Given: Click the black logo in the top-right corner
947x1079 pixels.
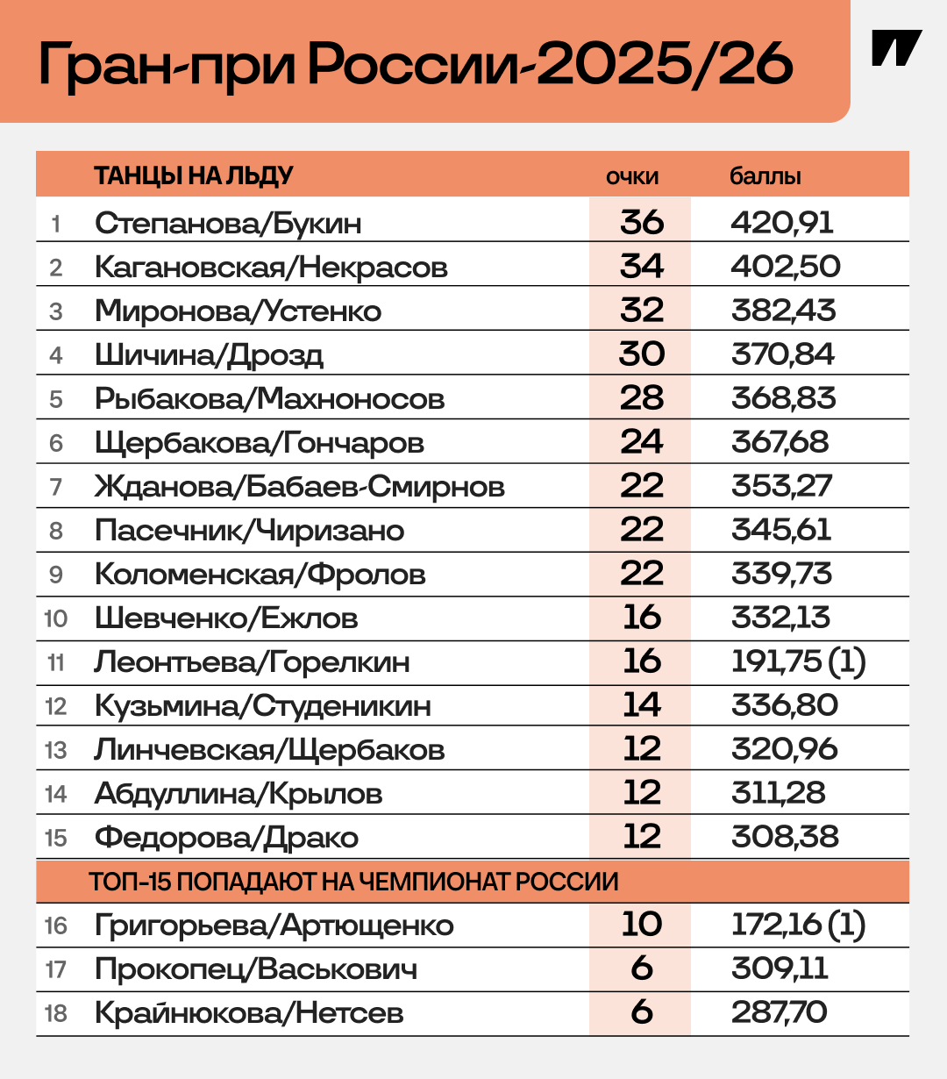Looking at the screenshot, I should pos(896,48).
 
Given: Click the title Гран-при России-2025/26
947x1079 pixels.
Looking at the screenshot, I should pos(416,62).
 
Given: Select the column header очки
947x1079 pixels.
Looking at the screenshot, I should pos(632,176).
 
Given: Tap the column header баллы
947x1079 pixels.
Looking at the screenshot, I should pos(765,176).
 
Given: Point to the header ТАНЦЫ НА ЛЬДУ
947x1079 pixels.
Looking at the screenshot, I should pos(194,175).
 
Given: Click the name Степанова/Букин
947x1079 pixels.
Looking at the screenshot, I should pos(228,223).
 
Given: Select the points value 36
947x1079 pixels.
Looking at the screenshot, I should pos(641,222).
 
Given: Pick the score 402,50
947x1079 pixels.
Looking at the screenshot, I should pos(786,267).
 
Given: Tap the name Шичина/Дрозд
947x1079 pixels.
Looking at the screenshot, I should pos(209,355).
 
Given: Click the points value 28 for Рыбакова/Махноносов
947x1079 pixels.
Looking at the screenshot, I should pos(641,398).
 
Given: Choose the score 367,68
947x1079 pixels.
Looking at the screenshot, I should pos(780,442).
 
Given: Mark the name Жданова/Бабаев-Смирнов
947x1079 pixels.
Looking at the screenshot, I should pos(299,487).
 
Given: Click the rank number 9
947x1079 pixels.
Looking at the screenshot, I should pos(56,575).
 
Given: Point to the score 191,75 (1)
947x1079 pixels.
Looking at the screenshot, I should pos(798,662).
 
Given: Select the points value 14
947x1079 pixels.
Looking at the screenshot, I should pos(641,706).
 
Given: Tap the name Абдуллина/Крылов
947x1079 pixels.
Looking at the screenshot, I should pos(239,794).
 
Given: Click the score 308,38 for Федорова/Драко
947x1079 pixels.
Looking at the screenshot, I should pos(785,837).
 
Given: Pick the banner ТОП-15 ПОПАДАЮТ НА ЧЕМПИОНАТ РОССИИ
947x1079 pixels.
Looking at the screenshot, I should pos(353,882).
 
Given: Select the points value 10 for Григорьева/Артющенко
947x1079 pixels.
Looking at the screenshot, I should pos(641,925).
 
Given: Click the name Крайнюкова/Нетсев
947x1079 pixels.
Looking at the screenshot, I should pos(249,1013).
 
